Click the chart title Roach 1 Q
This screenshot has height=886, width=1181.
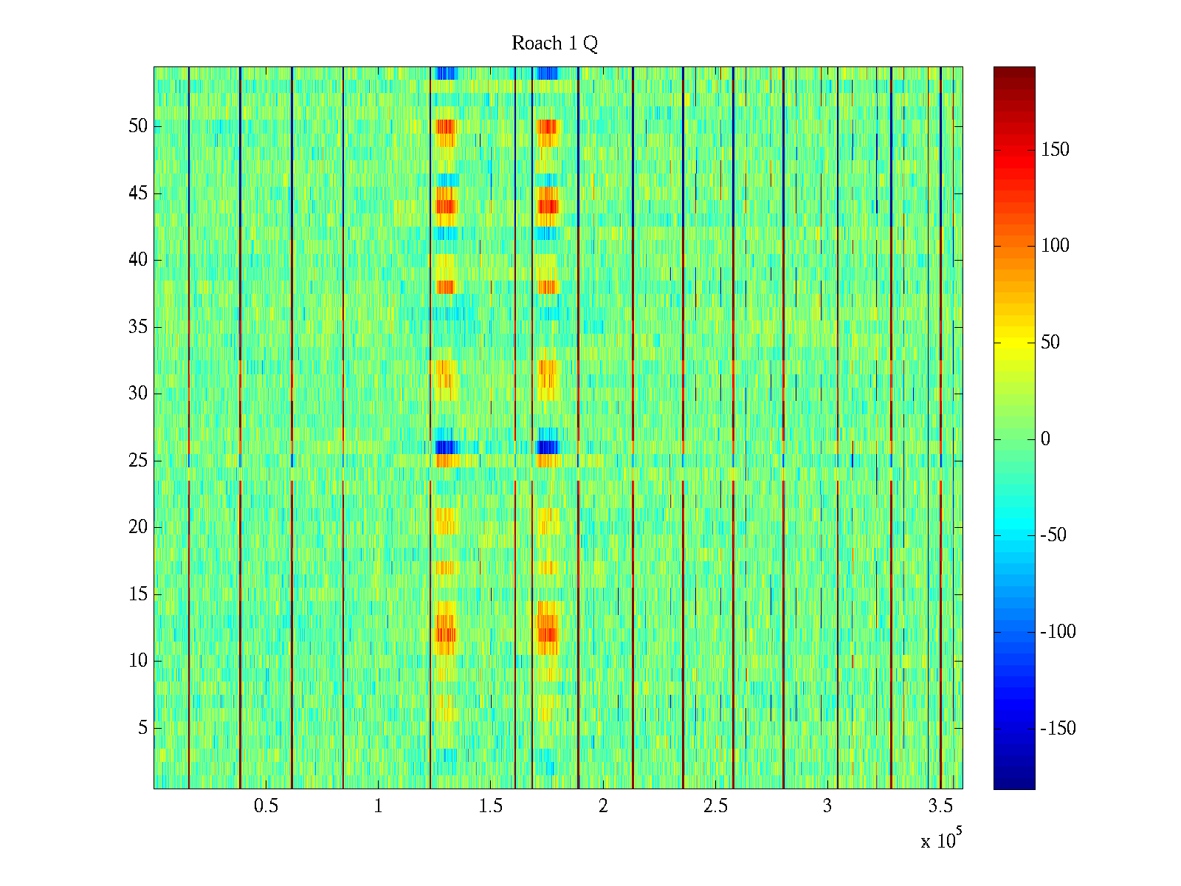pyautogui.click(x=554, y=44)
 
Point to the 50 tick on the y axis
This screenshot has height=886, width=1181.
pyautogui.click(x=138, y=126)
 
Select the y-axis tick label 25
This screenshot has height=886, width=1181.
pyautogui.click(x=138, y=461)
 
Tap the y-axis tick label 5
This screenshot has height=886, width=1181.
pyautogui.click(x=142, y=728)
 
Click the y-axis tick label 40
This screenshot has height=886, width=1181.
pyautogui.click(x=138, y=260)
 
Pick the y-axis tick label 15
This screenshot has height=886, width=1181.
pyautogui.click(x=138, y=594)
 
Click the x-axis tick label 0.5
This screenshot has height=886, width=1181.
pyautogui.click(x=266, y=806)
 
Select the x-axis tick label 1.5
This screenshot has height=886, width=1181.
pyautogui.click(x=491, y=806)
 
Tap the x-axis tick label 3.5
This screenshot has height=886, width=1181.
pyautogui.click(x=940, y=806)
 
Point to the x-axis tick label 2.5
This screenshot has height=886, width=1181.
pyautogui.click(x=715, y=806)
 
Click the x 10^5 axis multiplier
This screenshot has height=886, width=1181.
pyautogui.click(x=941, y=840)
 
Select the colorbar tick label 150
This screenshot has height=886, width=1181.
pyautogui.click(x=1055, y=150)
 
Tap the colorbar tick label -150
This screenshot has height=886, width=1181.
pyautogui.click(x=1058, y=729)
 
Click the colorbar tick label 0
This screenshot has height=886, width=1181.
pyautogui.click(x=1045, y=439)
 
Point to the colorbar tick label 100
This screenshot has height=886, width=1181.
pyautogui.click(x=1055, y=246)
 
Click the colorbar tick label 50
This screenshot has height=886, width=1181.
pyautogui.click(x=1050, y=343)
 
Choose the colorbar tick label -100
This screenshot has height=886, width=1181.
pyautogui.click(x=1058, y=632)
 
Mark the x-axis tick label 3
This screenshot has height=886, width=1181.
pyautogui.click(x=827, y=806)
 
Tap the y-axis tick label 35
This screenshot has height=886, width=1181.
pyautogui.click(x=138, y=327)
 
